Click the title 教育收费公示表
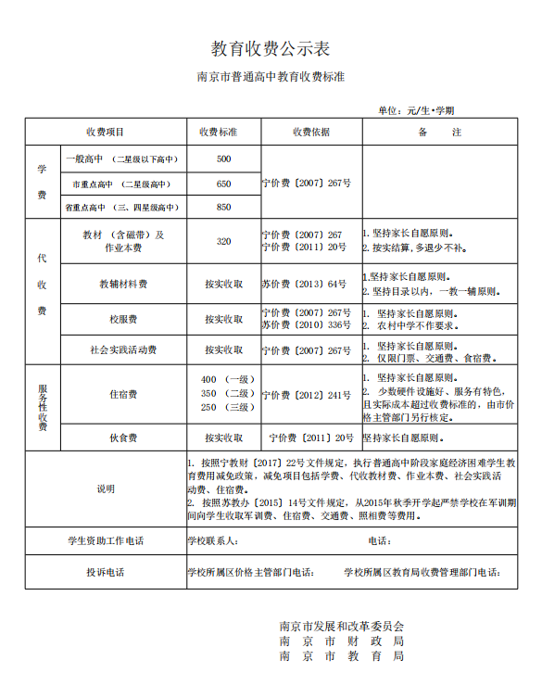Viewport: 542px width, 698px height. tap(271, 48)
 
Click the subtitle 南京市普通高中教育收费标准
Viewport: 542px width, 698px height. tap(271, 78)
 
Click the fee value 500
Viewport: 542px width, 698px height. tap(223, 159)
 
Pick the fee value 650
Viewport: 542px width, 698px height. tap(223, 184)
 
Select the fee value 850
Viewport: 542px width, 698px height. tap(223, 208)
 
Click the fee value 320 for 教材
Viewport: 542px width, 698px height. tap(223, 241)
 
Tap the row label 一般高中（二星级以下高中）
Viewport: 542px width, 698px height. tap(121, 159)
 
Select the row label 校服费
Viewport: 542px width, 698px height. tap(123, 319)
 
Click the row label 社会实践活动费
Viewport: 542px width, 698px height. tap(123, 350)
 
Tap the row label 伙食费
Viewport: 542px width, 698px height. tap(123, 438)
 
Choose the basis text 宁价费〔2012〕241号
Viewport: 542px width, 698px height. tap(306, 395)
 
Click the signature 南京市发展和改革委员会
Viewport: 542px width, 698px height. tap(342, 626)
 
